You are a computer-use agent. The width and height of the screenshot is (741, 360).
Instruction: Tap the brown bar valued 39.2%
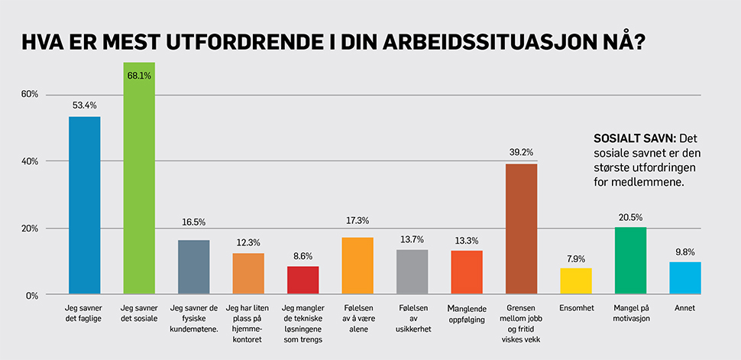522,229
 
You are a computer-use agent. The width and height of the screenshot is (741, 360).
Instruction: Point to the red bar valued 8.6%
303,281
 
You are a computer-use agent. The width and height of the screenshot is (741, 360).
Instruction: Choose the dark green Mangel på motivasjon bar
630,261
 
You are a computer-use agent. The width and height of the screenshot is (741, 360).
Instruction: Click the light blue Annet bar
685,278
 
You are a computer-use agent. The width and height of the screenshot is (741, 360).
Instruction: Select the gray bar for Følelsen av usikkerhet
413,272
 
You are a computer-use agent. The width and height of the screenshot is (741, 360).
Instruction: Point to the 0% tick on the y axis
32,296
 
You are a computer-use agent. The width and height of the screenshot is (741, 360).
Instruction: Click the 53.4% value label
84,105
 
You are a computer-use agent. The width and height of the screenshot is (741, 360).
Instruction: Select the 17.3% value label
358,221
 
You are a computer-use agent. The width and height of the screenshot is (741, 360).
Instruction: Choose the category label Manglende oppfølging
467,313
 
